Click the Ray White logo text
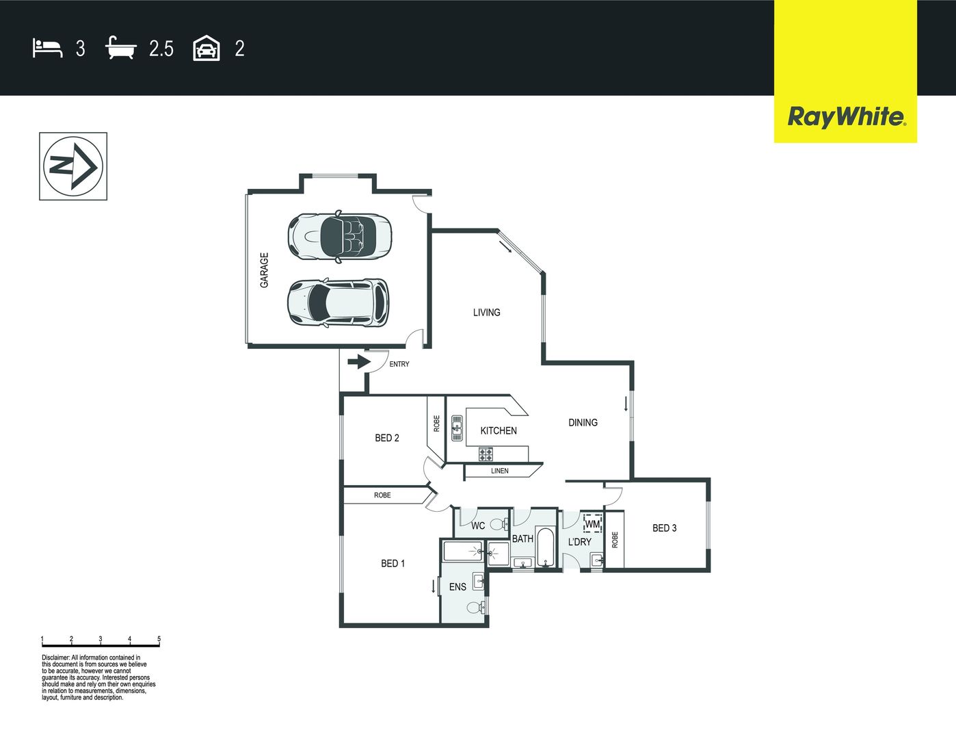coord(847,117)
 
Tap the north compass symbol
coord(73,166)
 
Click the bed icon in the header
coord(47,48)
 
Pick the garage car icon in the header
coord(207,48)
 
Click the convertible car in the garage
coord(340,236)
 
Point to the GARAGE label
coord(264,270)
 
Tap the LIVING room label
coord(487,313)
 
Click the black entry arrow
coord(359,362)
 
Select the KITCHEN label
coord(499,430)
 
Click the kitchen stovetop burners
coord(486,454)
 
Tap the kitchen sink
coord(457,428)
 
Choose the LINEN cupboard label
coord(500,471)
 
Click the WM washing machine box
coord(593,524)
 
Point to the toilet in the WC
coord(500,525)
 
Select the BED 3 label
coord(664,528)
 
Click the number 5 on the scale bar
coord(159,638)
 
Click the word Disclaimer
coord(56,658)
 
